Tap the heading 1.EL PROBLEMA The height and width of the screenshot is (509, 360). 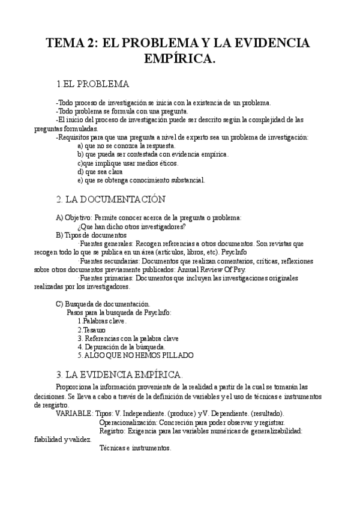coord(92,83)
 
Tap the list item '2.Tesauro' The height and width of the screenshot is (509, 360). coord(91,330)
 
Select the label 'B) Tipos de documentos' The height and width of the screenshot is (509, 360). coord(91,235)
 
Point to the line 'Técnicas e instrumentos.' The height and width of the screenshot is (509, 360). coord(135,448)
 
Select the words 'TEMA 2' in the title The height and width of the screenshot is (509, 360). coord(71,44)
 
